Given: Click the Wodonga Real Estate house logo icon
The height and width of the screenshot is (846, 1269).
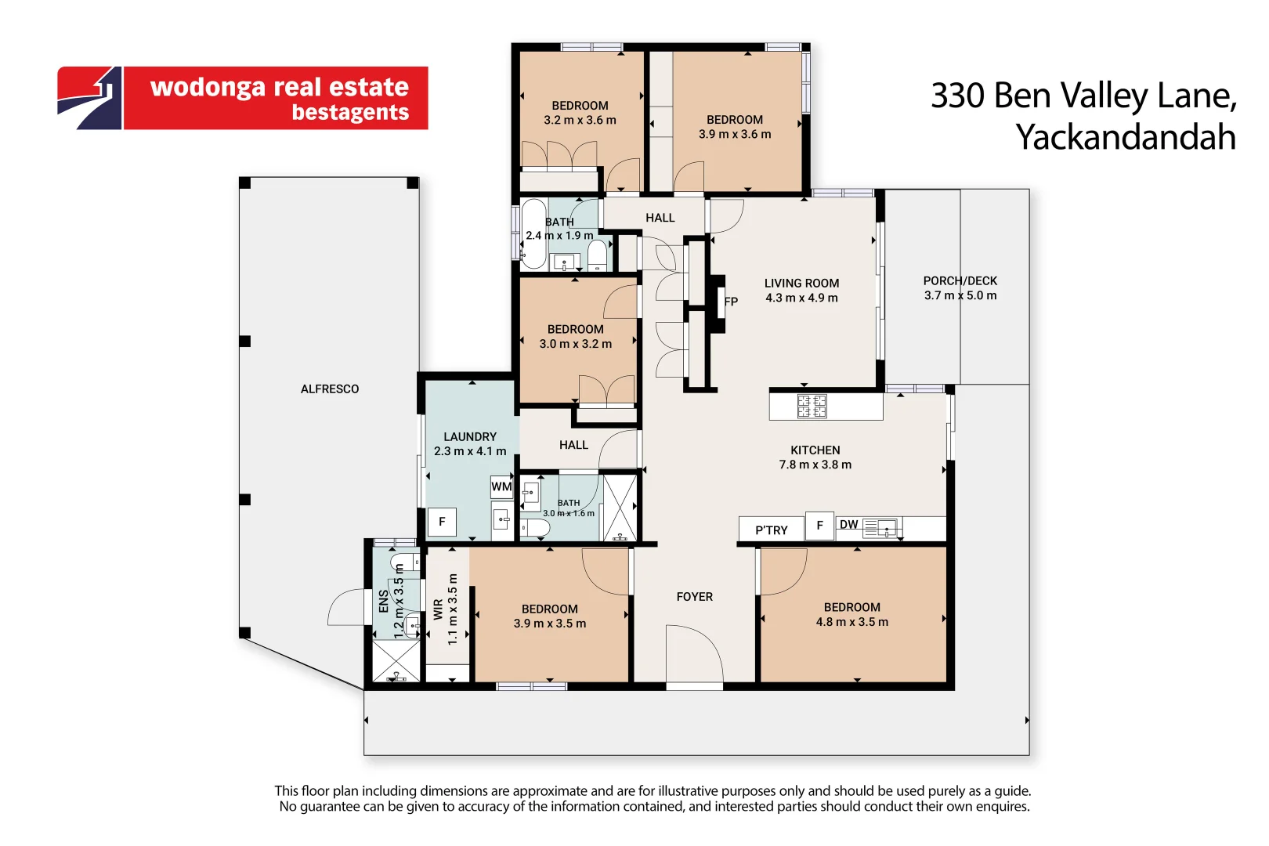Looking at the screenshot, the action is [89, 98].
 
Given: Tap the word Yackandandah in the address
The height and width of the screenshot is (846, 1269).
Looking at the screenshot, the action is [1125, 136].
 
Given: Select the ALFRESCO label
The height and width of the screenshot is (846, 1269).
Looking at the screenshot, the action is [330, 389].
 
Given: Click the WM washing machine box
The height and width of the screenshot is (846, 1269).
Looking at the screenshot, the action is [501, 486].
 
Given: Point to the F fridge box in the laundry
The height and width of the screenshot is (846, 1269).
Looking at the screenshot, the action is [442, 522].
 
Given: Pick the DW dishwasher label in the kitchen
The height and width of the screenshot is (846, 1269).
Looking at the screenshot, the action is [848, 525].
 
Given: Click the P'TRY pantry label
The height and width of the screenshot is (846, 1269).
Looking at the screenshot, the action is [772, 530].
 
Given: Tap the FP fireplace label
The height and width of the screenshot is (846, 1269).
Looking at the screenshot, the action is [731, 302].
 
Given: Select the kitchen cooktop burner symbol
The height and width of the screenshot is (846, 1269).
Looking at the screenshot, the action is [812, 406].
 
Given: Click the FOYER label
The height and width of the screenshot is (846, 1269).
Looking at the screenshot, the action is [695, 597].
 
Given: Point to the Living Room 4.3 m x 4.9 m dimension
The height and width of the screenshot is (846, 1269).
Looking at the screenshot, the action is [801, 298].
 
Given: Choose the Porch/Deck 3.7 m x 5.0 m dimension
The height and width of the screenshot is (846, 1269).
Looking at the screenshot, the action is [960, 295].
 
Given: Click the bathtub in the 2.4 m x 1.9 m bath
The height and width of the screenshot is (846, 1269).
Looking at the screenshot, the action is [533, 233].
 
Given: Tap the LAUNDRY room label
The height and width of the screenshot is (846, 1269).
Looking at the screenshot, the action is [470, 437].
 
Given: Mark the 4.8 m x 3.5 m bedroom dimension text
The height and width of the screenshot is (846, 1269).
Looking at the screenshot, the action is [852, 622].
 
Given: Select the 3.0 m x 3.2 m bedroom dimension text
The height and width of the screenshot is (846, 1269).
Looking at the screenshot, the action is [576, 343].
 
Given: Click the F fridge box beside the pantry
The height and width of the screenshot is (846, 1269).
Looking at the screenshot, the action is [819, 526].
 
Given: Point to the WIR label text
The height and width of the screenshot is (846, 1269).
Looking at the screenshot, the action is [438, 609].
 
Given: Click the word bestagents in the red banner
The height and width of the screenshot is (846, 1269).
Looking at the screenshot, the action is [350, 112].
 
